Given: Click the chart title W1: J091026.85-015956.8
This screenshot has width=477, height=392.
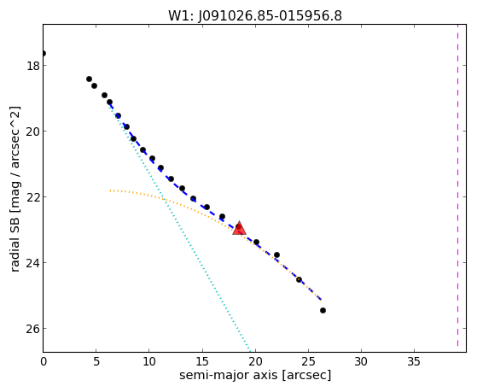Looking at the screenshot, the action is (255, 15).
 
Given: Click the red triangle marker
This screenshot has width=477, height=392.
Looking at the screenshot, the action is (239, 228).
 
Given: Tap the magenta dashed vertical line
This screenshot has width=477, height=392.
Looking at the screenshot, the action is (457, 185).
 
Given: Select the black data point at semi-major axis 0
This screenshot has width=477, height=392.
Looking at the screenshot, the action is (44, 54).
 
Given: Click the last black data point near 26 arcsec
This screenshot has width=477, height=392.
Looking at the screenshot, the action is (323, 310).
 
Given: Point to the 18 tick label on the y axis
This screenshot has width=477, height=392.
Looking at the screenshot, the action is (33, 66).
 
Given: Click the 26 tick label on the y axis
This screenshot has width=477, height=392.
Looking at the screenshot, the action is (33, 329).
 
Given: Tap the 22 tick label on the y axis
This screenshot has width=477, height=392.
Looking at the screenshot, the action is (33, 197).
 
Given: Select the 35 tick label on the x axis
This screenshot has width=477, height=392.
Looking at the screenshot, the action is (414, 361).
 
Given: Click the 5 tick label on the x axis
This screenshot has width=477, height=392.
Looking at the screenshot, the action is (96, 361).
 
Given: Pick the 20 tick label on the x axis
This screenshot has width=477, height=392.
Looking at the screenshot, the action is (255, 361).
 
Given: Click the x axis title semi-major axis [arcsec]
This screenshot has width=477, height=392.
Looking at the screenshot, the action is (255, 375).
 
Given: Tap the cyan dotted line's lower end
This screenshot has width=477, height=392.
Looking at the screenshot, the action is (250, 351).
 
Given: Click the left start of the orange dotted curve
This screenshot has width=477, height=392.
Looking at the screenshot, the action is (110, 190).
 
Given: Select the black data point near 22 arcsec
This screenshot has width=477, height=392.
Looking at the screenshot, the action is (276, 255).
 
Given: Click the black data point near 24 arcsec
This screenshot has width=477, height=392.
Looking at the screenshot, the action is (299, 279).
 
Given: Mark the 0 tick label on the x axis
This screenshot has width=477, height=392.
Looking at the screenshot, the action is (44, 361).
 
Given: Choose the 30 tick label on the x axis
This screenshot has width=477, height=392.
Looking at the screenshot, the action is (361, 361).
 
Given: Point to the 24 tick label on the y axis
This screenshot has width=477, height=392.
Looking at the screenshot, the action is (33, 263).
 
